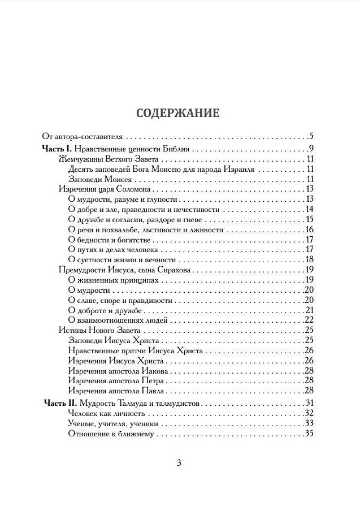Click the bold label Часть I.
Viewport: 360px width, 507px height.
(x=57, y=149)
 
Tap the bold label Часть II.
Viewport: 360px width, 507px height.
(x=59, y=403)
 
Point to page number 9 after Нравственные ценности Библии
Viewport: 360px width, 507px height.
(x=311, y=149)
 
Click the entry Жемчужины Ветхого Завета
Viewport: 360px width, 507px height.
(x=102, y=159)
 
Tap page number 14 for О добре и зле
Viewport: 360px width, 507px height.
(x=309, y=210)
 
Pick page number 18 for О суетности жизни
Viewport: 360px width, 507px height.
(x=309, y=260)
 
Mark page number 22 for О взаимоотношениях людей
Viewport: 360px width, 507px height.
(x=309, y=320)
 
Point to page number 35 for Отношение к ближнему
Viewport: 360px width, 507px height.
(x=309, y=434)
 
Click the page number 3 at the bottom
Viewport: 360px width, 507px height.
(x=179, y=463)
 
